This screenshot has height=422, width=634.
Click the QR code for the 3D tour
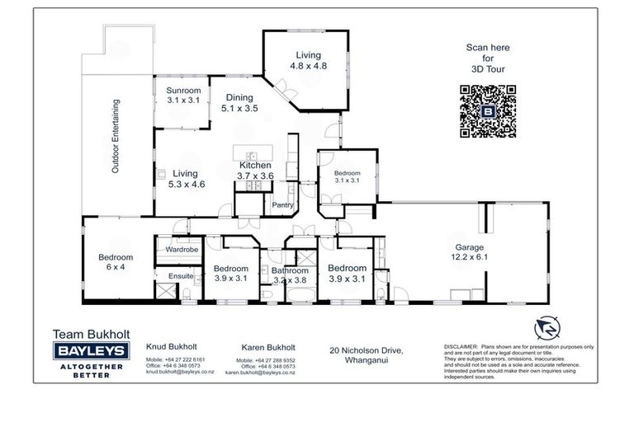(487, 111)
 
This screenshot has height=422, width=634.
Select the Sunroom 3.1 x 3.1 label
(183, 95)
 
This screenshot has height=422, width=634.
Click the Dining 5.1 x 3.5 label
(240, 101)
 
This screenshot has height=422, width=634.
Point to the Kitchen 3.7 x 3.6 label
(255, 171)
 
